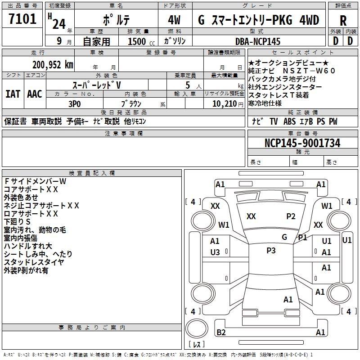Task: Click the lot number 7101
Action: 22,19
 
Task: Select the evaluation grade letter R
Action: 343,20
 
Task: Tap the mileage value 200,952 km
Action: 53,65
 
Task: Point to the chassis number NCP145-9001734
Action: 302,143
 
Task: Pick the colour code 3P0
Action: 74,103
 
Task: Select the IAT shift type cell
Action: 13,94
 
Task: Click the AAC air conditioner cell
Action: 35,94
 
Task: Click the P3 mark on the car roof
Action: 271,251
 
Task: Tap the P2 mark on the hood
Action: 291,216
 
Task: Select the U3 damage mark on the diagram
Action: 215,252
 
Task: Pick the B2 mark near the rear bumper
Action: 221,332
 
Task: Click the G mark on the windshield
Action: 284,237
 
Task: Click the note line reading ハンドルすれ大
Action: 28,246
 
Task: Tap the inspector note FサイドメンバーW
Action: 35,181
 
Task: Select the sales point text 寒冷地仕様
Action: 265,103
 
